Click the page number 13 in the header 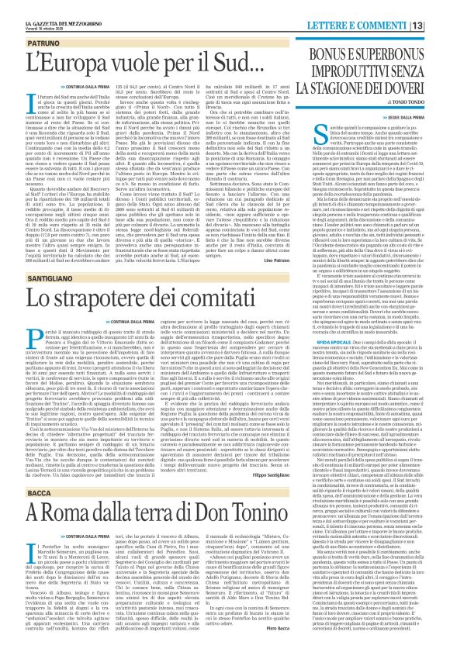tap(438, 7)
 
